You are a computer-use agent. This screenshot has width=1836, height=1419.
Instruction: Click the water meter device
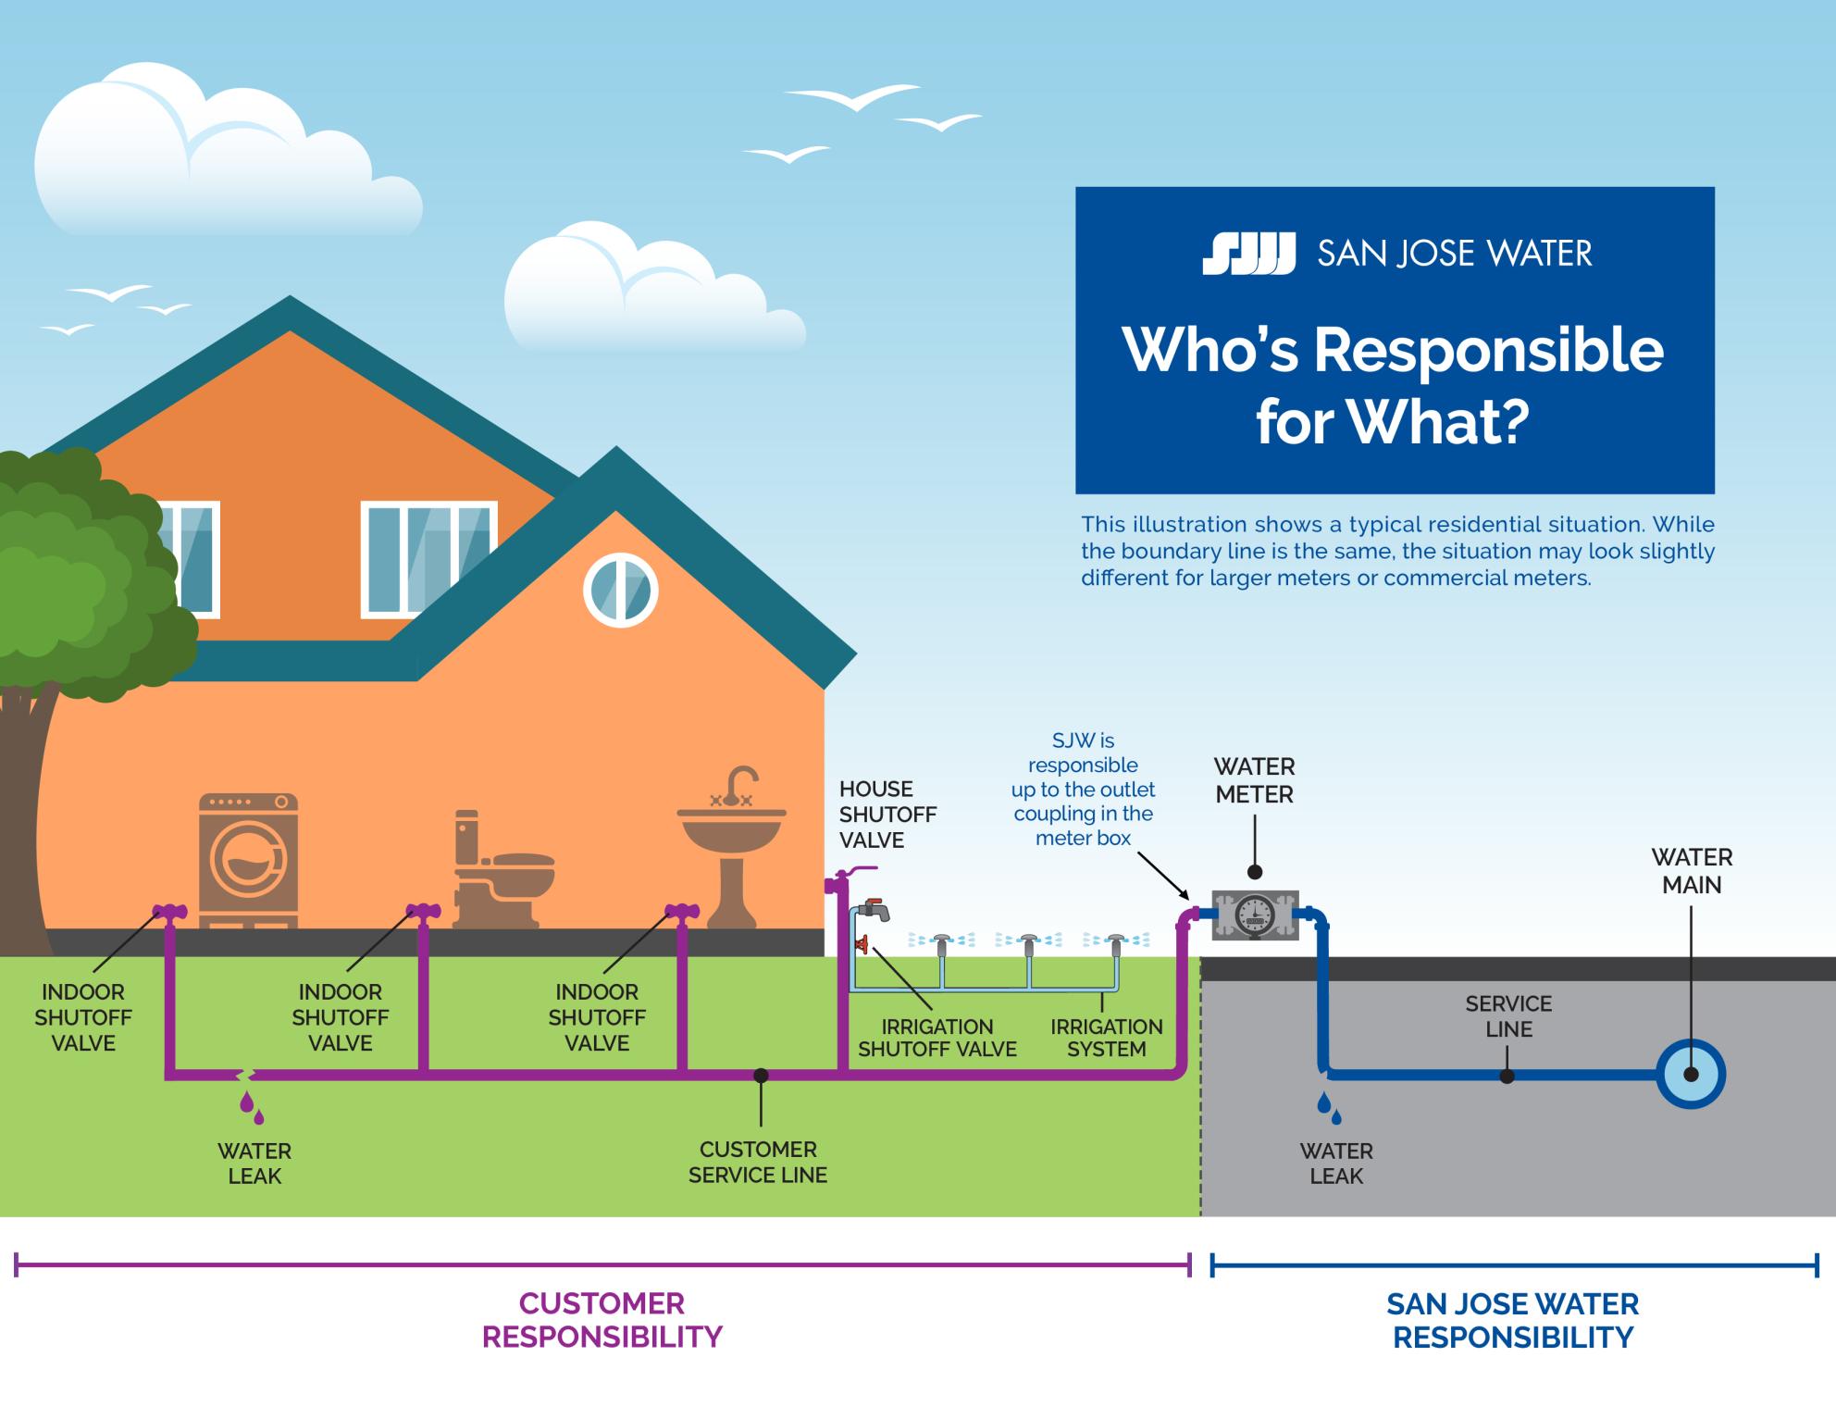pyautogui.click(x=1255, y=915)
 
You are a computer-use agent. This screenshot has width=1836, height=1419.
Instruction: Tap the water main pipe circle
pyautogui.click(x=1691, y=1075)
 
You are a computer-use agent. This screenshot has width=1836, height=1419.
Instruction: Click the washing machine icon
pyautogui.click(x=249, y=860)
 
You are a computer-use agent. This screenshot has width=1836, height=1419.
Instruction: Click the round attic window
pyautogui.click(x=620, y=590)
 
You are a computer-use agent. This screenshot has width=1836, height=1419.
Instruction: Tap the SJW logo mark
pyautogui.click(x=1248, y=254)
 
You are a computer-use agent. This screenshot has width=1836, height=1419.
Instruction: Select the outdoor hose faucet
pyautogui.click(x=875, y=910)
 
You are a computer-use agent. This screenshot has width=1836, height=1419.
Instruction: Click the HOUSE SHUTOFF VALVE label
pyautogui.click(x=887, y=815)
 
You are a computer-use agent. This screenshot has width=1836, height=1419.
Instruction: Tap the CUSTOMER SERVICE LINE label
pyautogui.click(x=758, y=1162)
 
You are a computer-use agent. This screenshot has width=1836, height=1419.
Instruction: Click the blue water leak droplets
pyautogui.click(x=1329, y=1107)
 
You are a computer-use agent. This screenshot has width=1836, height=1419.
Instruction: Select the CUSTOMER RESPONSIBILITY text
pyautogui.click(x=602, y=1320)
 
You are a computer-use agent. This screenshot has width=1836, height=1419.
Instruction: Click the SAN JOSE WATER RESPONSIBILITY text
pyautogui.click(x=1512, y=1321)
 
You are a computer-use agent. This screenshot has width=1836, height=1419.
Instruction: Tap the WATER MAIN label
pyautogui.click(x=1691, y=871)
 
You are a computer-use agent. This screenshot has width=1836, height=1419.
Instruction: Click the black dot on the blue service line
pyautogui.click(x=1507, y=1076)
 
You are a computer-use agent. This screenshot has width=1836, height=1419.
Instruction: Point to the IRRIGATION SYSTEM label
pyautogui.click(x=1106, y=1038)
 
